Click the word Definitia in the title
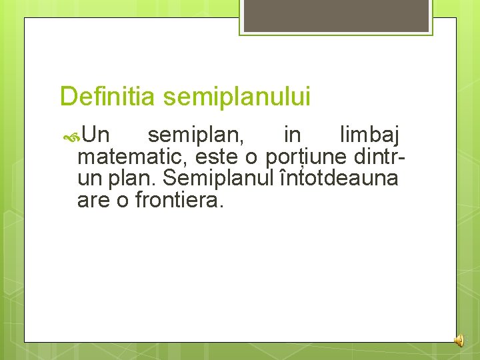click(107, 97)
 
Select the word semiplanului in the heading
click(237, 97)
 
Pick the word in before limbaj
click(292, 136)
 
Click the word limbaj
click(369, 136)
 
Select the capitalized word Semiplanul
click(217, 178)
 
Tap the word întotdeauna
click(338, 178)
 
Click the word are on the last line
click(94, 199)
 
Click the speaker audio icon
click(459, 340)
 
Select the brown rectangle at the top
click(335, 15)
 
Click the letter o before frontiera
click(123, 199)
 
